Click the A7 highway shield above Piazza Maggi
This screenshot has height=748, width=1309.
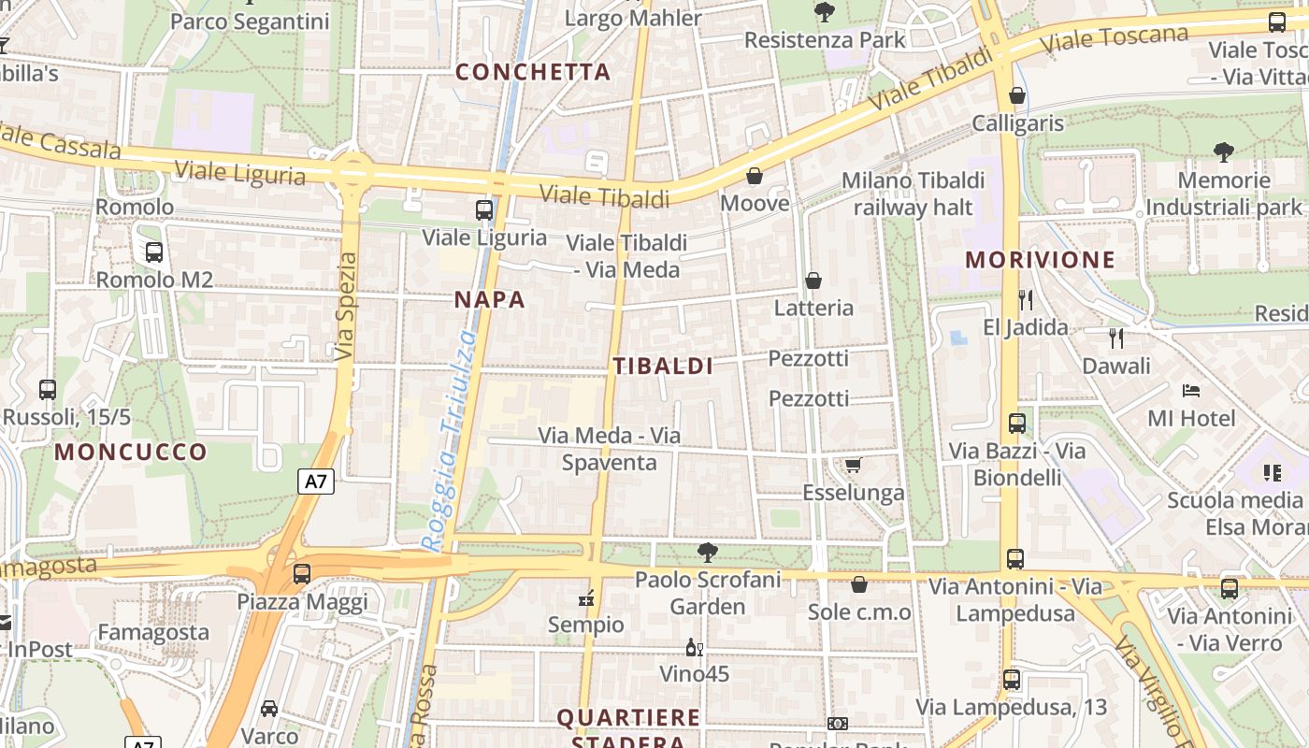click(316, 482)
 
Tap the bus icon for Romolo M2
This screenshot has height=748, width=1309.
click(154, 252)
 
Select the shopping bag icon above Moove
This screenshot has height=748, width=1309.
click(755, 175)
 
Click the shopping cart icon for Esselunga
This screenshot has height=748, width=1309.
click(853, 465)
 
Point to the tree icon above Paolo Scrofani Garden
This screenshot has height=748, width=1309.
click(708, 552)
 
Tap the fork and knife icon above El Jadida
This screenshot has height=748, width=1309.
click(1026, 299)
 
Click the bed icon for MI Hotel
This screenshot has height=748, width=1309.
click(1191, 390)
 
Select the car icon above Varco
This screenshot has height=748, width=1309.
click(269, 708)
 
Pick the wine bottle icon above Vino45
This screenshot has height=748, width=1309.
click(695, 647)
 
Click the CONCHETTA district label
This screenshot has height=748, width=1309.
click(533, 72)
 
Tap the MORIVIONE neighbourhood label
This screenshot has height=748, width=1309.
click(1041, 260)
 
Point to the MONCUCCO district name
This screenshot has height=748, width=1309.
click(131, 453)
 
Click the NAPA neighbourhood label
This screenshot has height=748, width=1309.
click(489, 300)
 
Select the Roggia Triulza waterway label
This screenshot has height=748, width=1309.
click(450, 439)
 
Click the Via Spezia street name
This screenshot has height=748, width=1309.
click(346, 306)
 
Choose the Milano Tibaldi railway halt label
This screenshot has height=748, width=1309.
click(913, 194)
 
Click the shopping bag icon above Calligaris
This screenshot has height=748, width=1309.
click(1017, 95)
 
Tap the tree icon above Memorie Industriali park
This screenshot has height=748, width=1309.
click(1223, 151)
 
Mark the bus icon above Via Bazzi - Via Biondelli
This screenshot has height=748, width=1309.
click(1017, 423)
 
